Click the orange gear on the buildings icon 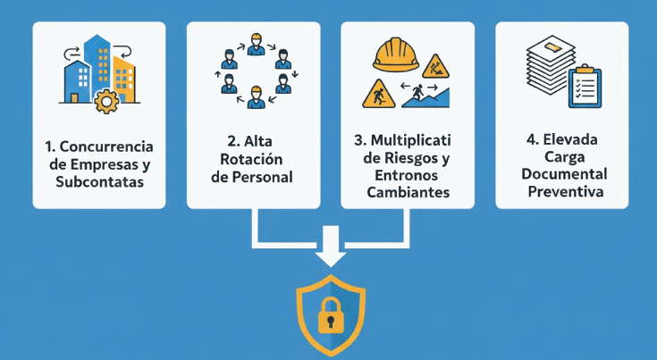[x=106, y=100]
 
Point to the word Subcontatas [x=99, y=183]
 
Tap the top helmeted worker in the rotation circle [x=255, y=42]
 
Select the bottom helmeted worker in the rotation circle [x=256, y=96]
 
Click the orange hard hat [x=396, y=54]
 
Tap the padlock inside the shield [x=330, y=313]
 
